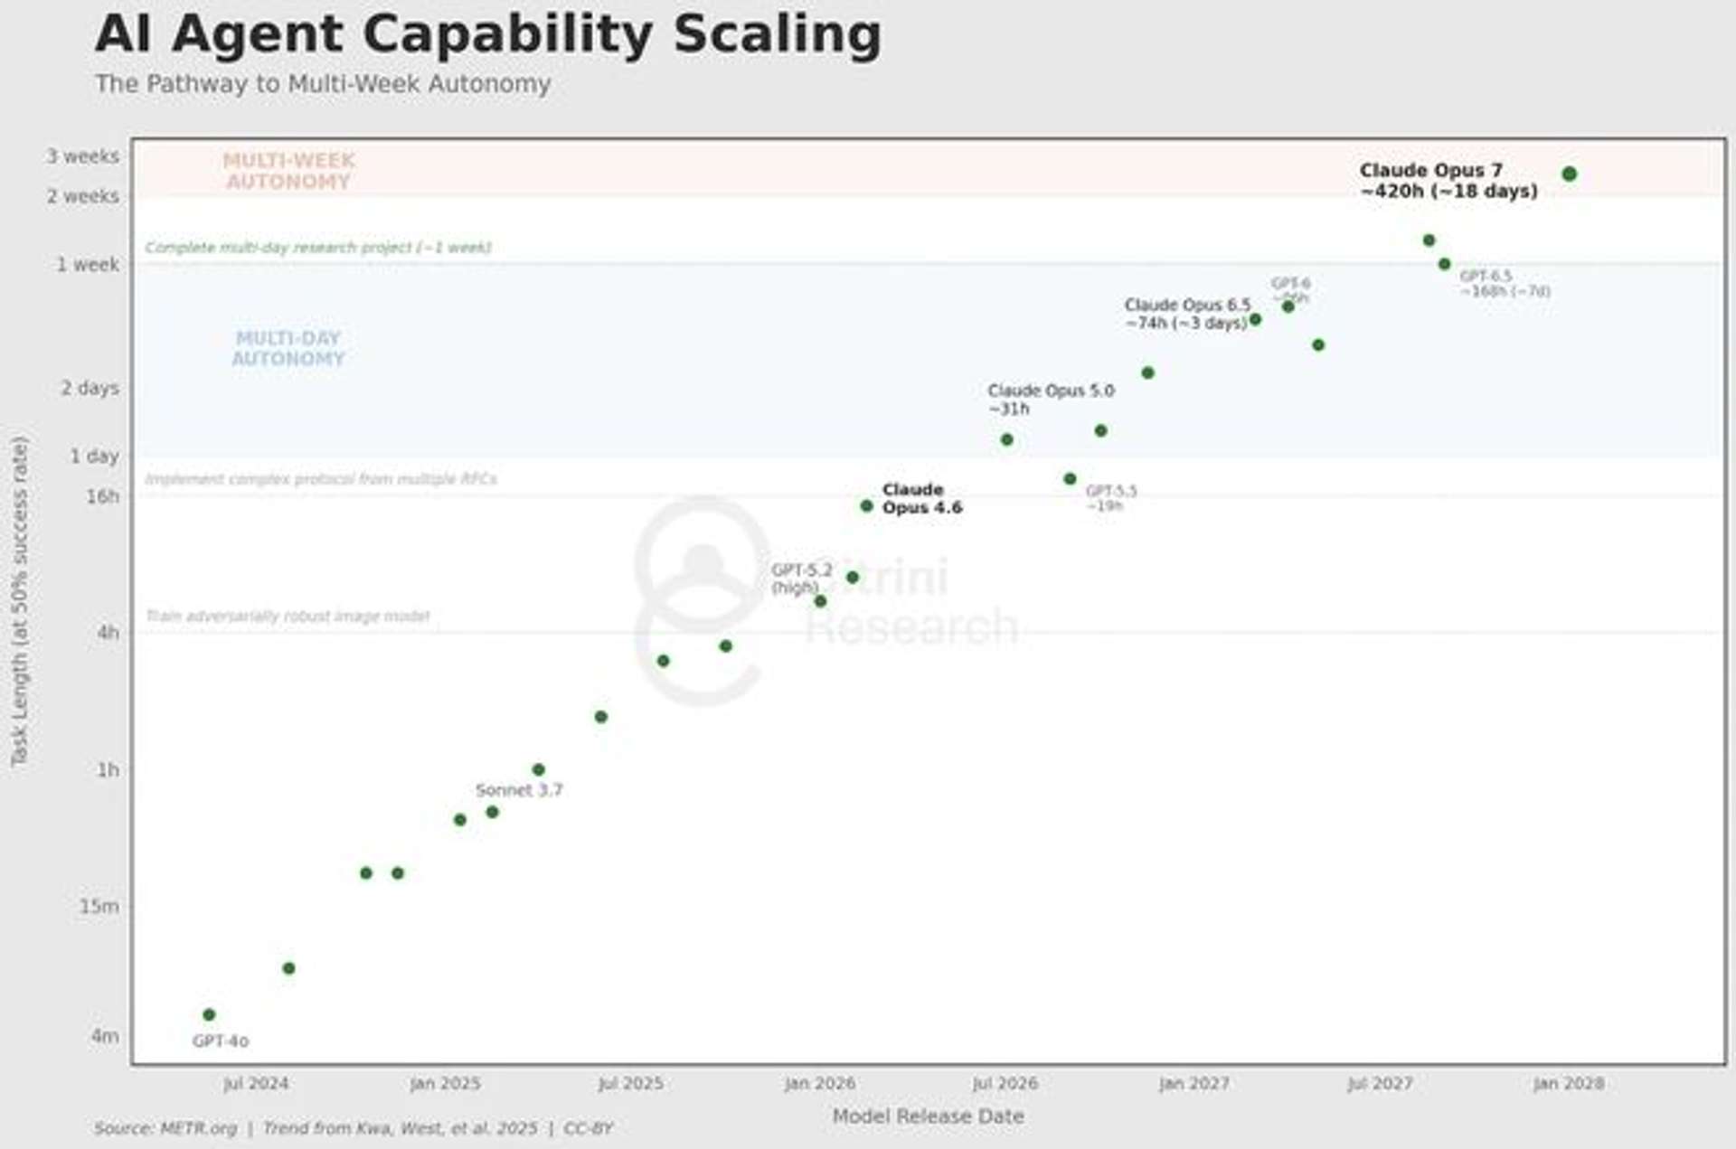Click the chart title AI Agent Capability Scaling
tap(488, 34)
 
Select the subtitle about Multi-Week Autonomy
tap(323, 84)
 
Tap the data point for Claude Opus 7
tap(1569, 174)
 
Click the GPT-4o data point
tap(209, 1014)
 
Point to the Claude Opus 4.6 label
tap(921, 498)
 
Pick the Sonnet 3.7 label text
tap(519, 790)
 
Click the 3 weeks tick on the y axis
tap(83, 156)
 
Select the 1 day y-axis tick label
tap(94, 456)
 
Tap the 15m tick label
tap(99, 906)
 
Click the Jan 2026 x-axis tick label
tap(819, 1083)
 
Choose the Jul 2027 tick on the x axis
tap(1379, 1083)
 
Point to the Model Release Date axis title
tap(928, 1116)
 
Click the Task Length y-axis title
tap(20, 601)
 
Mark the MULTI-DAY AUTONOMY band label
tap(288, 348)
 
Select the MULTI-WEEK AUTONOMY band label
tap(288, 171)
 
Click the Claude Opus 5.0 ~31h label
tap(1050, 400)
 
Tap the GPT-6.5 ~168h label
tap(1504, 284)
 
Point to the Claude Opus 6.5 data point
tap(1254, 319)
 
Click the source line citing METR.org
tap(353, 1128)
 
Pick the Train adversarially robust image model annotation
tap(288, 617)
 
